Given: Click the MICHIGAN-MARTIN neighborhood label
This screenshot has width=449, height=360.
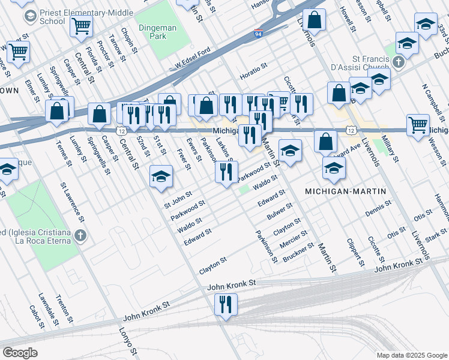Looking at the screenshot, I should [345, 191].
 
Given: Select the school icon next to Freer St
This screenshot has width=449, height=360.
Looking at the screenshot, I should [160, 176].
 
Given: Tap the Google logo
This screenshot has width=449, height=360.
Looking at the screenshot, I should [20, 353].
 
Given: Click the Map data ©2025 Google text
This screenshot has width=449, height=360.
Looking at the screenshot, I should [412, 355].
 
